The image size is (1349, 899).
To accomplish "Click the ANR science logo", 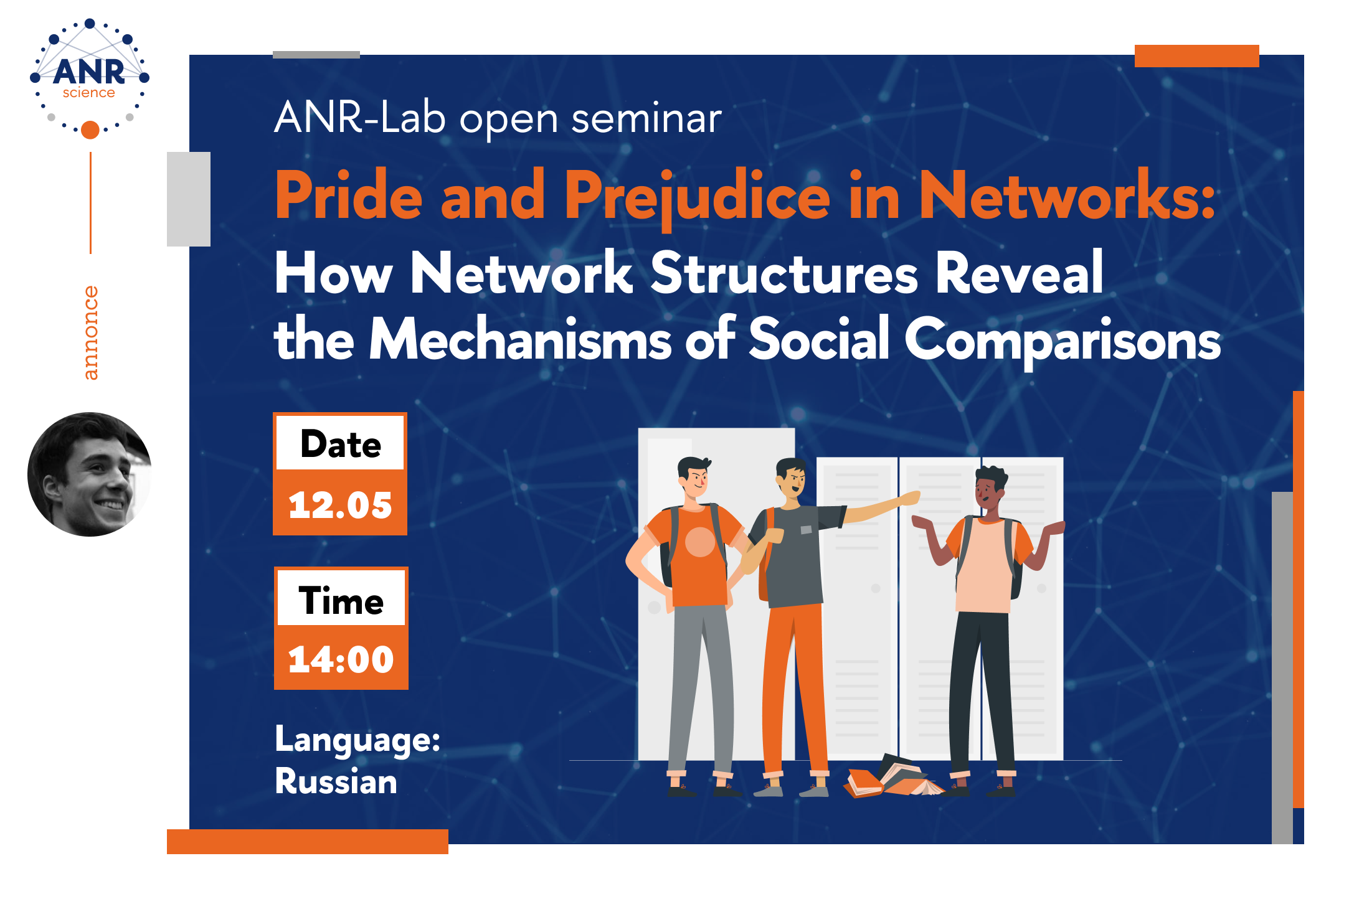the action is tap(90, 78).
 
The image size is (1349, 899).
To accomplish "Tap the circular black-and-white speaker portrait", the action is tap(90, 474).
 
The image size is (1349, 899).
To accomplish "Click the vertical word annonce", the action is tap(91, 332).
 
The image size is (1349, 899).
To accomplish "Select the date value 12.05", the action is tap(340, 504).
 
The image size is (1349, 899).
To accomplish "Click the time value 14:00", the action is tap(341, 659).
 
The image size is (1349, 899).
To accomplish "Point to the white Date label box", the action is tap(340, 443).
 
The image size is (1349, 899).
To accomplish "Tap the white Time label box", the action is tap(341, 598).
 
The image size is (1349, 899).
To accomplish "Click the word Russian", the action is tap(336, 781).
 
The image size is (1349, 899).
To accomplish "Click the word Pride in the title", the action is tap(349, 195).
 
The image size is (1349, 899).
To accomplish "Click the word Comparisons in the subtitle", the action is tap(1063, 341).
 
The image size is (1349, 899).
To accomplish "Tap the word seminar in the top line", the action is tap(646, 118).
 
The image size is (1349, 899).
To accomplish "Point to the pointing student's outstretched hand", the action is tap(910, 497).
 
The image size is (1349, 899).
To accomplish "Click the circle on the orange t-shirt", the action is tap(700, 542).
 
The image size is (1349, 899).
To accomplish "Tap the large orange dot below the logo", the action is tap(90, 129).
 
